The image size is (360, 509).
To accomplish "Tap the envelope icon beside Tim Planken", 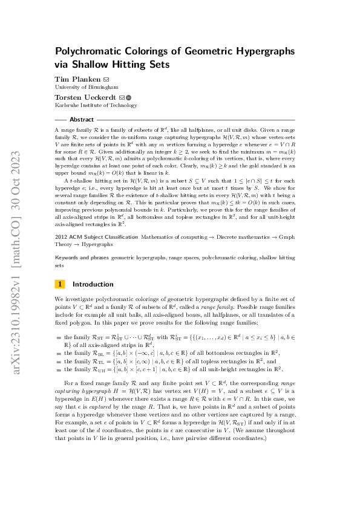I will [x=106, y=79].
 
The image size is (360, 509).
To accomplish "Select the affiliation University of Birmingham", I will [x=82, y=88].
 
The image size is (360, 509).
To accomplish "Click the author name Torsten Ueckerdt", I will [x=85, y=97].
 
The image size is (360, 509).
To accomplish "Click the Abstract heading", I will [x=82, y=120].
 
